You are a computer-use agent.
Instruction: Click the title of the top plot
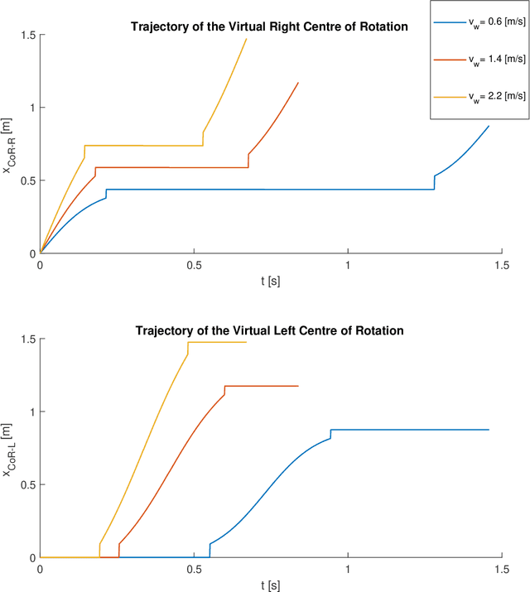coord(269,26)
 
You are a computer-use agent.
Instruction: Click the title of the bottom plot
coord(269,330)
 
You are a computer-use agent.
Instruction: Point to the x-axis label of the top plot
coord(270,281)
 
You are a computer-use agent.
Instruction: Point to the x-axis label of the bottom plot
coord(270,585)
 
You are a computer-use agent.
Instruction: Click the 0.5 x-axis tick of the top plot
coord(194,265)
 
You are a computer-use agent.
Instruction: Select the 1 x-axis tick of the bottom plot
coord(348,570)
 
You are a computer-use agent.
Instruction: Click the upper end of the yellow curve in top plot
coord(246,38)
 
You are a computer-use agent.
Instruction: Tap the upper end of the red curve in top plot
coord(298,82)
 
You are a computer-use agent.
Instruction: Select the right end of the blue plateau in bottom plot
coord(489,430)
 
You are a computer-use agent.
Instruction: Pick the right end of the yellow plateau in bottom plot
coord(246,342)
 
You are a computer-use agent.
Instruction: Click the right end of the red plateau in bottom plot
coord(298,386)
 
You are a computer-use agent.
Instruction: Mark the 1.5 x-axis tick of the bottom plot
coord(501,570)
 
